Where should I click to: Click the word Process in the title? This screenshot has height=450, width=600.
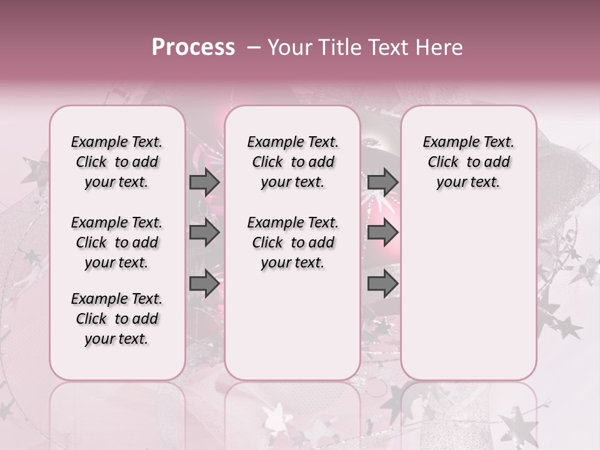point(193,47)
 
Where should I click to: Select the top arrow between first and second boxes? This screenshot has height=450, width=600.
point(204,182)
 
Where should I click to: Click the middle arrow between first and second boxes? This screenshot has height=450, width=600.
point(204,233)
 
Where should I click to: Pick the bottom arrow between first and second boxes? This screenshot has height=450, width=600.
point(204,283)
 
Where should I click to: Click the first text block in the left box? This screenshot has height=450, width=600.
point(117,162)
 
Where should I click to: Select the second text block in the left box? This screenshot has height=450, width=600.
point(117,242)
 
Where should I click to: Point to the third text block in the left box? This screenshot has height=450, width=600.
point(117,319)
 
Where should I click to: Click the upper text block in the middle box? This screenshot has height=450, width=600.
point(292,162)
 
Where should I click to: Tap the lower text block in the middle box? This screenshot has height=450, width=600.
point(292,242)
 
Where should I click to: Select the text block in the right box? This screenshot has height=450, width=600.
point(468,162)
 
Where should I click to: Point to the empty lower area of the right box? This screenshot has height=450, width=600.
point(468,287)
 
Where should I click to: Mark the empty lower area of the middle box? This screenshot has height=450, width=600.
point(292,325)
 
